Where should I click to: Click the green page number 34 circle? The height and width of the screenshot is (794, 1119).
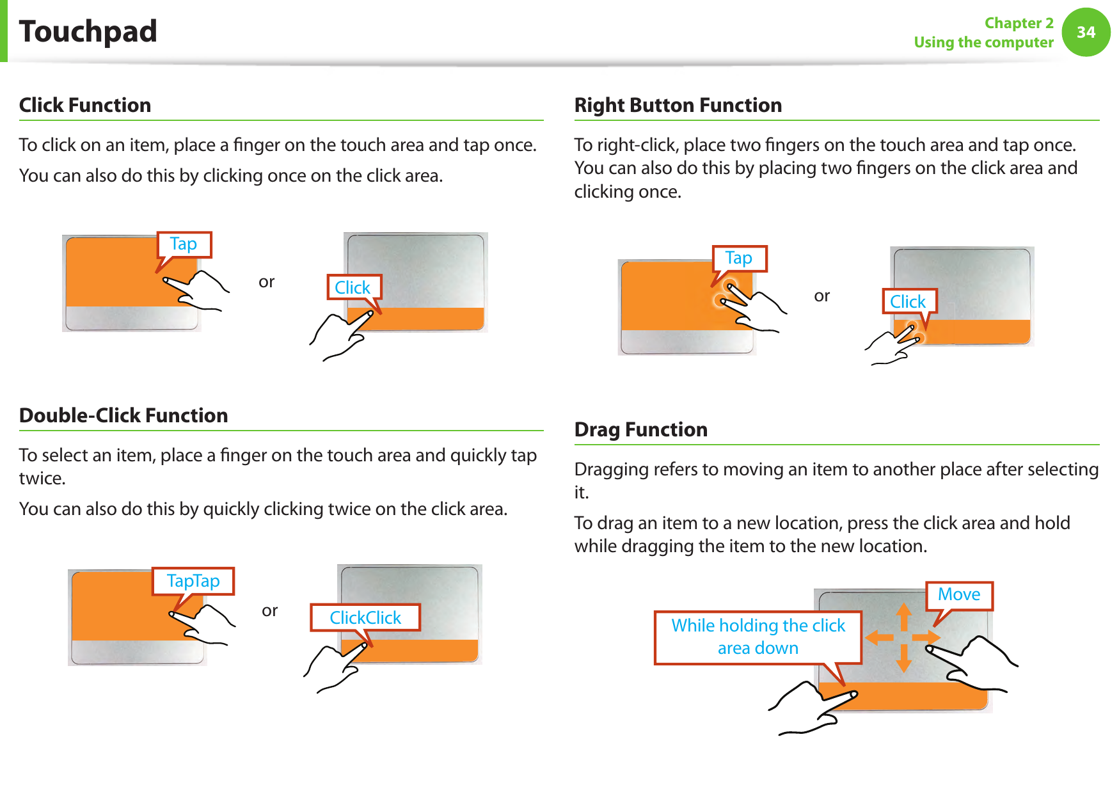click(1086, 32)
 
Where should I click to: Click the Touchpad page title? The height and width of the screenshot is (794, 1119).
click(88, 31)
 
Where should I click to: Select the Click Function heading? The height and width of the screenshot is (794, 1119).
click(85, 105)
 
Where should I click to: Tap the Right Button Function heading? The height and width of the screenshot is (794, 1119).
click(678, 105)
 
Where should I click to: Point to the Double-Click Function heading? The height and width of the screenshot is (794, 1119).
click(123, 415)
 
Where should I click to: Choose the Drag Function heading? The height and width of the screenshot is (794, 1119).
click(640, 429)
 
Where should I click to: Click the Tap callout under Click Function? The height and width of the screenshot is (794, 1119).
click(184, 244)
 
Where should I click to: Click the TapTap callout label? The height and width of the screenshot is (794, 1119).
click(193, 581)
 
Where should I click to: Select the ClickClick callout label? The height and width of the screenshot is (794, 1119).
click(365, 617)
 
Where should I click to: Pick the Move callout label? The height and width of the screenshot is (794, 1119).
click(958, 594)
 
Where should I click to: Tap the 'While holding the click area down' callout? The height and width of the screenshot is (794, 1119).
click(758, 637)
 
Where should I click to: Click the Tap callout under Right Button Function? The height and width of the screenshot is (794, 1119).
click(739, 258)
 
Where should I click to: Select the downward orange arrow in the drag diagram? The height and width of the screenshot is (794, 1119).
click(903, 658)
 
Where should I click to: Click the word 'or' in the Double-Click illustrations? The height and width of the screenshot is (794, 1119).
click(269, 610)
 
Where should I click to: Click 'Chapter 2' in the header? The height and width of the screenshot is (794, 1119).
click(1019, 23)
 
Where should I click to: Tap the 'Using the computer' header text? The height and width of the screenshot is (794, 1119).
click(983, 42)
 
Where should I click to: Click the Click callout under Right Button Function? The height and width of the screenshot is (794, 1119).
click(908, 301)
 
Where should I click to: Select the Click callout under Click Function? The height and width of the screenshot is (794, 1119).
click(353, 288)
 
